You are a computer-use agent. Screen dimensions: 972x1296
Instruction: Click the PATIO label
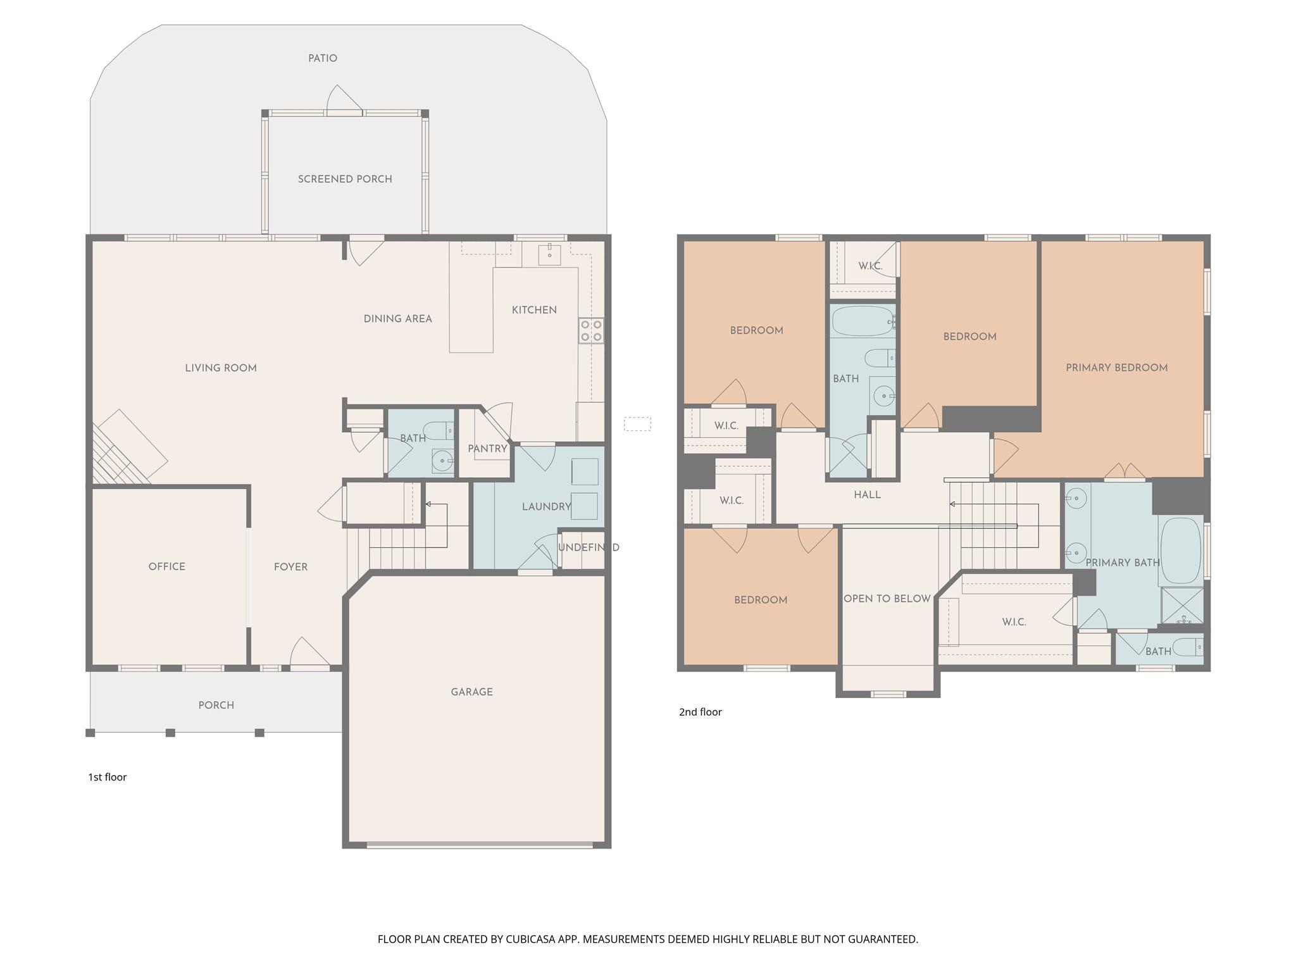tap(322, 58)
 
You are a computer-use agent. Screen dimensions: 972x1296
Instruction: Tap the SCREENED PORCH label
tap(345, 179)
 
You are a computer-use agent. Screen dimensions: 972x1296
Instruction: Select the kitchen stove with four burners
tap(590, 330)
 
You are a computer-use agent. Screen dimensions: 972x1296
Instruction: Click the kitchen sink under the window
tap(549, 255)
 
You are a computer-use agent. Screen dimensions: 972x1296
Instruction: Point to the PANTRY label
tap(487, 449)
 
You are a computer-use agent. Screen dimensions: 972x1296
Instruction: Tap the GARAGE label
tap(471, 692)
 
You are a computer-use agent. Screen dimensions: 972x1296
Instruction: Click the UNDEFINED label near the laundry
tap(588, 547)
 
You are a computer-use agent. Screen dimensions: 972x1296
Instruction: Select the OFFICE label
tap(166, 566)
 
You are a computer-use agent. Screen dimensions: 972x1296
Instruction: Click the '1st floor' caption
tap(107, 777)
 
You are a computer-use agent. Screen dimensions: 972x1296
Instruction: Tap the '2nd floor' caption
tap(700, 712)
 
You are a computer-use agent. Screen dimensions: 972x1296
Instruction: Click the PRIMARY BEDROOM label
tap(1116, 368)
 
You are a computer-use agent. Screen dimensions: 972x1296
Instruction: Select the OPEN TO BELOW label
tap(887, 599)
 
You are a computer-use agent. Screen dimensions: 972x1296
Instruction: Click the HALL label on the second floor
tap(867, 495)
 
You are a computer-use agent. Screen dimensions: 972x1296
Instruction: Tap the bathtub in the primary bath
tap(1180, 551)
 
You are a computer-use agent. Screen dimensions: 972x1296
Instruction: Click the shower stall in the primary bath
tap(1182, 606)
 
